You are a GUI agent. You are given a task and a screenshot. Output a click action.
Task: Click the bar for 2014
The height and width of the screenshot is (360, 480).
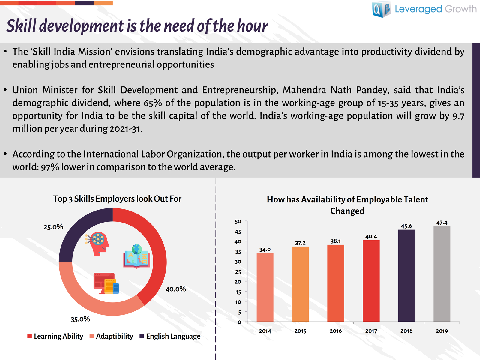pos(265,287)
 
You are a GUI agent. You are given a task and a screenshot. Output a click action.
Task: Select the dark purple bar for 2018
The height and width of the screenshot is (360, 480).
pos(406,276)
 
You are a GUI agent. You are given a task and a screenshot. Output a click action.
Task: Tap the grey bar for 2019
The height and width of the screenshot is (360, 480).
pos(442,274)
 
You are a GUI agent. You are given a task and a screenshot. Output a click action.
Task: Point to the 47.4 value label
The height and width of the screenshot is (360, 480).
pos(442,223)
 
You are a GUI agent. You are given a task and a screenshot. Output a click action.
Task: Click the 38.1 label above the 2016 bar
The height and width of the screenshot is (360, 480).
pos(335,241)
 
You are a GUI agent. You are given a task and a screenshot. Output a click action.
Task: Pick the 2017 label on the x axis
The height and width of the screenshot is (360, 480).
pos(371,331)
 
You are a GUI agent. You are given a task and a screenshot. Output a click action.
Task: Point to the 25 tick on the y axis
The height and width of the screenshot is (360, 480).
pos(238,272)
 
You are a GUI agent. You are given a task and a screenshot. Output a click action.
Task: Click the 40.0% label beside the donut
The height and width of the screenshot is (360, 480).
pos(175,289)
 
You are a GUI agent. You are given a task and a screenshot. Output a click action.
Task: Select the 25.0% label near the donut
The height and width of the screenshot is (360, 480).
pos(53,227)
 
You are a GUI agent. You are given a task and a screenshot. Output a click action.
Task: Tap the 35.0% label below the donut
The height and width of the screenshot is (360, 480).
pos(80,319)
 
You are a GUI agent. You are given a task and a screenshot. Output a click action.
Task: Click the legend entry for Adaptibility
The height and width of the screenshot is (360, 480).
pos(111,336)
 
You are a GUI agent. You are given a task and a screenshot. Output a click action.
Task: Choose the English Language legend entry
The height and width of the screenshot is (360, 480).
pos(170,336)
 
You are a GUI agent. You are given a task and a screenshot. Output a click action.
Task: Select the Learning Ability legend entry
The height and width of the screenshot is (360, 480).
pos(55,336)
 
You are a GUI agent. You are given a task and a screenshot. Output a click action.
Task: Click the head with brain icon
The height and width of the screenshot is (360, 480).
pos(97,244)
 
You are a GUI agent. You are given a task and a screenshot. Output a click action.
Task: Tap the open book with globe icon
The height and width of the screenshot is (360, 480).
pos(137,256)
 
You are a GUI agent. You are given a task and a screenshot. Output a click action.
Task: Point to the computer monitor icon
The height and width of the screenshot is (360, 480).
pos(106,283)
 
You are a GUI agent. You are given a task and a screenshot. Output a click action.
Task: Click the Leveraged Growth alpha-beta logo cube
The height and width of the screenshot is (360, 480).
pos(381,9)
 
